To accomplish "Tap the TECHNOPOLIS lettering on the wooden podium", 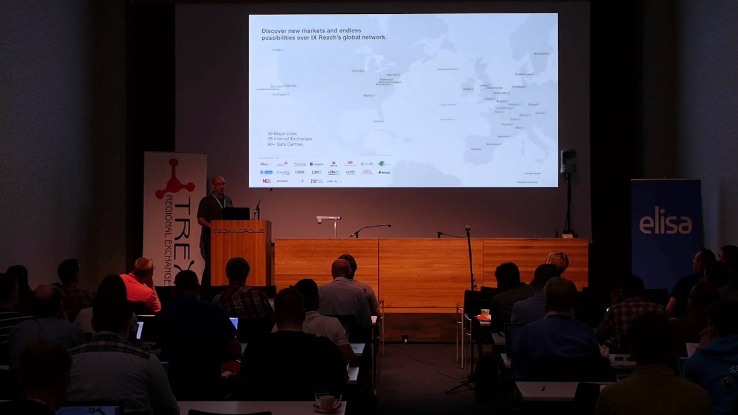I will click(x=238, y=230).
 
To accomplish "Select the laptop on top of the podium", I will click(x=236, y=213).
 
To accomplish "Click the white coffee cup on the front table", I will click(x=327, y=402).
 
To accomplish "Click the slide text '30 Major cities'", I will click(x=282, y=134).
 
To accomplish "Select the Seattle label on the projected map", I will click(x=277, y=50).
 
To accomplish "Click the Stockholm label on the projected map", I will click(x=541, y=54).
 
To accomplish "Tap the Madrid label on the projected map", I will click(x=476, y=149).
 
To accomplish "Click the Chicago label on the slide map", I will click(x=358, y=71).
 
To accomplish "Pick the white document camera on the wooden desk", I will click(x=329, y=220).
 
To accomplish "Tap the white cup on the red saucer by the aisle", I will click(x=484, y=313).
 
